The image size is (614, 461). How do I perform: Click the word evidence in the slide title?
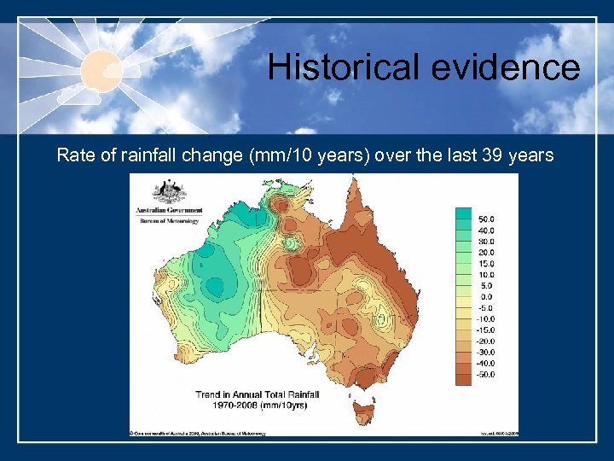pos(510,67)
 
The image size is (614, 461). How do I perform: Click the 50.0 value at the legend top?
pos(485,219)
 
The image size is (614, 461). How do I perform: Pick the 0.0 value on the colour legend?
pos(485,297)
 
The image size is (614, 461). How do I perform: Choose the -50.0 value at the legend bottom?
pos(485,375)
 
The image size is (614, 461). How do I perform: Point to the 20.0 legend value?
pos(485,253)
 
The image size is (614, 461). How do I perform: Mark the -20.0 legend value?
pos(485,341)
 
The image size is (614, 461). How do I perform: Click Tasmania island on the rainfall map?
pos(367,410)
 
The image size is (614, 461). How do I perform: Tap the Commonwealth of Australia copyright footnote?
pos(198,433)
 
